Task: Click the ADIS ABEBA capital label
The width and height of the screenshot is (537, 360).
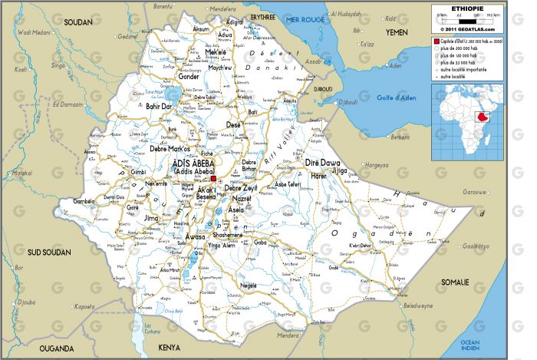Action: coord(192,163)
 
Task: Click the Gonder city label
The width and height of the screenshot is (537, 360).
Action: coord(189,77)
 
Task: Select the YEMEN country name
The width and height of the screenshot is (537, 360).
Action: coord(397,32)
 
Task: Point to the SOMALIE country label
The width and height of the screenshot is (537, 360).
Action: coord(455,283)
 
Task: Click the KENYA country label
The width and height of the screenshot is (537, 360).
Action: coord(169,348)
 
